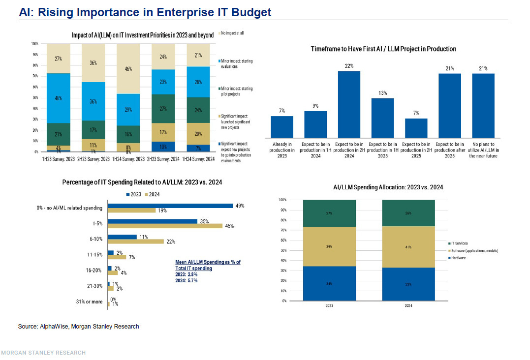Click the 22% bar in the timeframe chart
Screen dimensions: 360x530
(x=349, y=104)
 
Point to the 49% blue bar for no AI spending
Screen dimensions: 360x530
(x=170, y=206)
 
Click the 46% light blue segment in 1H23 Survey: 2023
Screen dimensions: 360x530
(x=59, y=98)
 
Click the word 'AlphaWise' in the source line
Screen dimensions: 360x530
(x=53, y=327)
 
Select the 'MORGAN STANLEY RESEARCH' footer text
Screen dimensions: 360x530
(x=43, y=353)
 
